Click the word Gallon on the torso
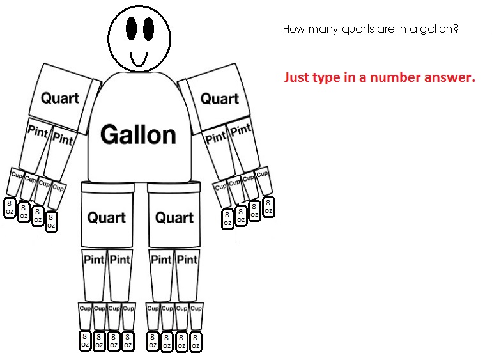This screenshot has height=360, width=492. [138, 135]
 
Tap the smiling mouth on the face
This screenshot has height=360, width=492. [139, 60]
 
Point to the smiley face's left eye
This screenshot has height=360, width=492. [131, 29]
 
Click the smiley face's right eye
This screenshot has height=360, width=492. [148, 29]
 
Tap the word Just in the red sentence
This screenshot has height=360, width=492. [296, 77]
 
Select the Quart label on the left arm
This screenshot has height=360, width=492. [60, 98]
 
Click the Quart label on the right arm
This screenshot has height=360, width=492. [220, 98]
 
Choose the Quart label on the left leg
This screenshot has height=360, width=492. [107, 217]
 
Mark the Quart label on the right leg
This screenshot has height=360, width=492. [174, 217]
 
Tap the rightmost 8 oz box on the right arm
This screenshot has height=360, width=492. [268, 207]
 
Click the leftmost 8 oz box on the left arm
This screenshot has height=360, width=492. [10, 207]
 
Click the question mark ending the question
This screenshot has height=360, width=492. [456, 28]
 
